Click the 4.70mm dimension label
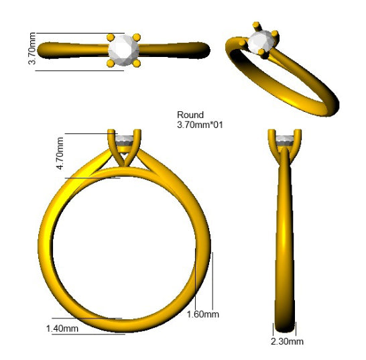tap(60, 154)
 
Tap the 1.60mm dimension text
tap(203, 314)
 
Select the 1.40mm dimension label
tap(62, 328)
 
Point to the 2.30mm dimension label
tap(287, 341)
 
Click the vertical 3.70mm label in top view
tap(32, 48)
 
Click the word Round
tap(190, 115)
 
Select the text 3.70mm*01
tap(200, 125)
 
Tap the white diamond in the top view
tap(123, 50)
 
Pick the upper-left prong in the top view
tap(111, 37)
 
